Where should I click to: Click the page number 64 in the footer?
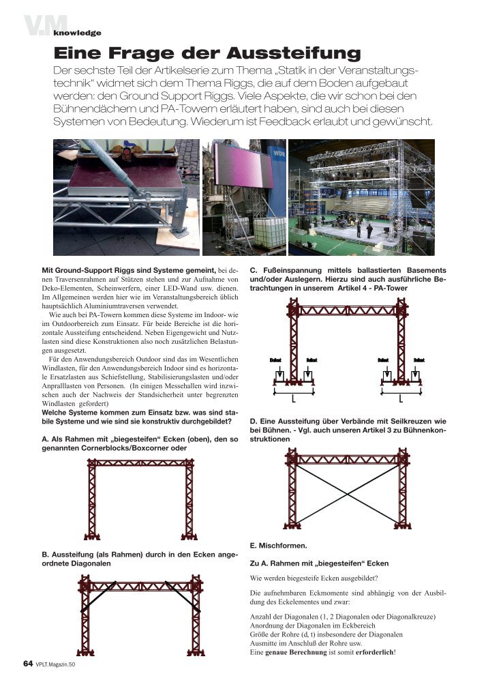pos(28,664)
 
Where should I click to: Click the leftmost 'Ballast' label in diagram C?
pos(276,359)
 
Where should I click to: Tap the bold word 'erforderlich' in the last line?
pos(373,651)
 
